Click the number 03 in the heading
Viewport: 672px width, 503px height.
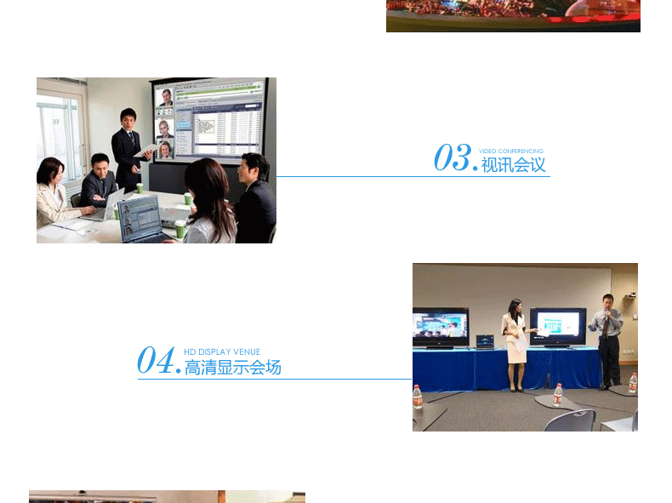(x=453, y=157)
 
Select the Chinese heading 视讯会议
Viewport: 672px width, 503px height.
(x=513, y=164)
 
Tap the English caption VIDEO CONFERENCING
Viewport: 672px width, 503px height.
(x=511, y=151)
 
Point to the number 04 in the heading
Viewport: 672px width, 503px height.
(x=156, y=360)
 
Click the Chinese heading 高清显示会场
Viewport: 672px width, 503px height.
(x=233, y=368)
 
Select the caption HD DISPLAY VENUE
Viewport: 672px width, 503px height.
(x=222, y=352)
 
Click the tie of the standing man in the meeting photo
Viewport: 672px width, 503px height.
(x=132, y=138)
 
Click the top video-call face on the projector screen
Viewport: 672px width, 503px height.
(x=166, y=98)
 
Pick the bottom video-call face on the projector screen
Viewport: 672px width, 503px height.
(x=165, y=150)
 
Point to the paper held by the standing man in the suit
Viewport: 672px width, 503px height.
(x=145, y=150)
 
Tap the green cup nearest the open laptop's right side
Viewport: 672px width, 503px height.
(x=180, y=229)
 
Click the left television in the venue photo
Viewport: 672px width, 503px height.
(x=440, y=327)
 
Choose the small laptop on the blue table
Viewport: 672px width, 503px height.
(x=485, y=342)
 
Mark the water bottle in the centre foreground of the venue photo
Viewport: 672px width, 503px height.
(x=557, y=395)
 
